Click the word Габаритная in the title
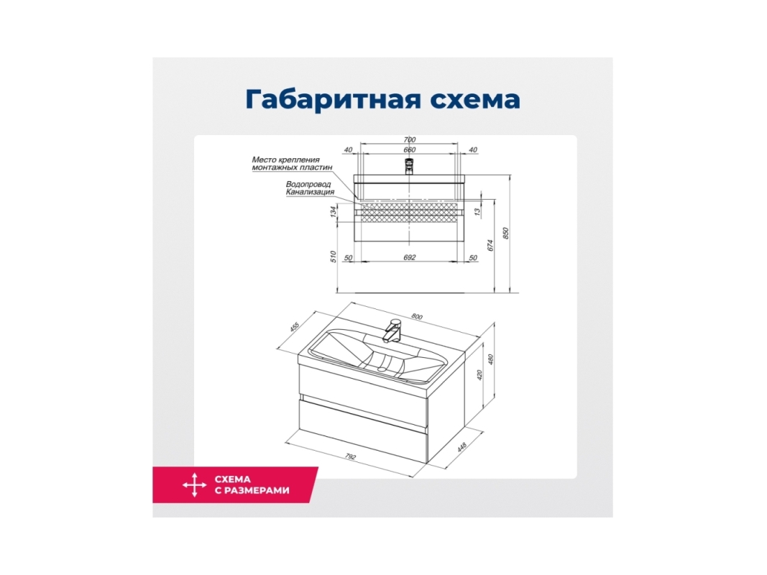pos(334,99)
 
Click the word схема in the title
pos(475,100)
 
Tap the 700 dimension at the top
pos(410,140)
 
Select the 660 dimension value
pos(410,150)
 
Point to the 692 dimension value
pos(410,257)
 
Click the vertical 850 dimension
pos(506,233)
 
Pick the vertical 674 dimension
pos(491,245)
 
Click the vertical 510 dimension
pos(333,257)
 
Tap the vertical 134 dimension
pos(333,212)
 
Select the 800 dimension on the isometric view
pos(416,316)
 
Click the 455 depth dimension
pos(295,327)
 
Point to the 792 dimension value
pos(350,456)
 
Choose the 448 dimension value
pos(461,447)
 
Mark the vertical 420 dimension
pos(479,375)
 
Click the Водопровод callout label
pos(308,184)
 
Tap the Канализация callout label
pos(310,192)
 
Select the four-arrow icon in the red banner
pos(194,485)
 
